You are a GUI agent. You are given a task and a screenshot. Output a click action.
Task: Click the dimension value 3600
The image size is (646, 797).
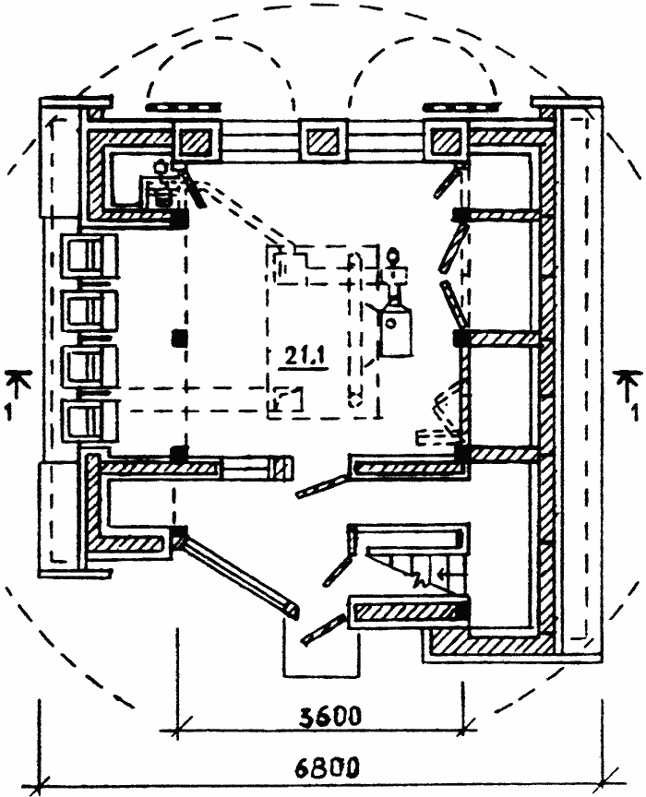(318, 716)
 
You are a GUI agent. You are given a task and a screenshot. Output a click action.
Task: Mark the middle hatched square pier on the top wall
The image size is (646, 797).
(322, 140)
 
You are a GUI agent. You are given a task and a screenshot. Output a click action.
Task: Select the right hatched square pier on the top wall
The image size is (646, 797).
(447, 140)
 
